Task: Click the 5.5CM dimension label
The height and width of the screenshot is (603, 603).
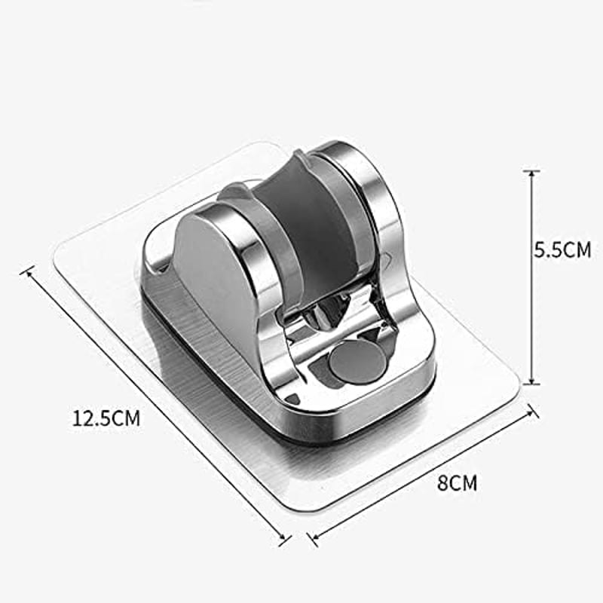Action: coord(562,250)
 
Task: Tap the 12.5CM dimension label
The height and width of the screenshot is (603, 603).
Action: coord(106,418)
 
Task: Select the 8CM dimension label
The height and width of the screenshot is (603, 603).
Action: coord(457,483)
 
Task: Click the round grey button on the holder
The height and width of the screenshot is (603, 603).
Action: coord(357,362)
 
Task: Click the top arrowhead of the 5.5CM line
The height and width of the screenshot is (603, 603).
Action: coord(532,174)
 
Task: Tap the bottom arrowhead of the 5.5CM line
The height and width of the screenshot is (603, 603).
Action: coord(532,380)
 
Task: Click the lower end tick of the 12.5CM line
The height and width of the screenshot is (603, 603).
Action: coord(285,540)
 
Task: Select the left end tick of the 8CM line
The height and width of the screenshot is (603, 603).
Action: coord(314,539)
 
